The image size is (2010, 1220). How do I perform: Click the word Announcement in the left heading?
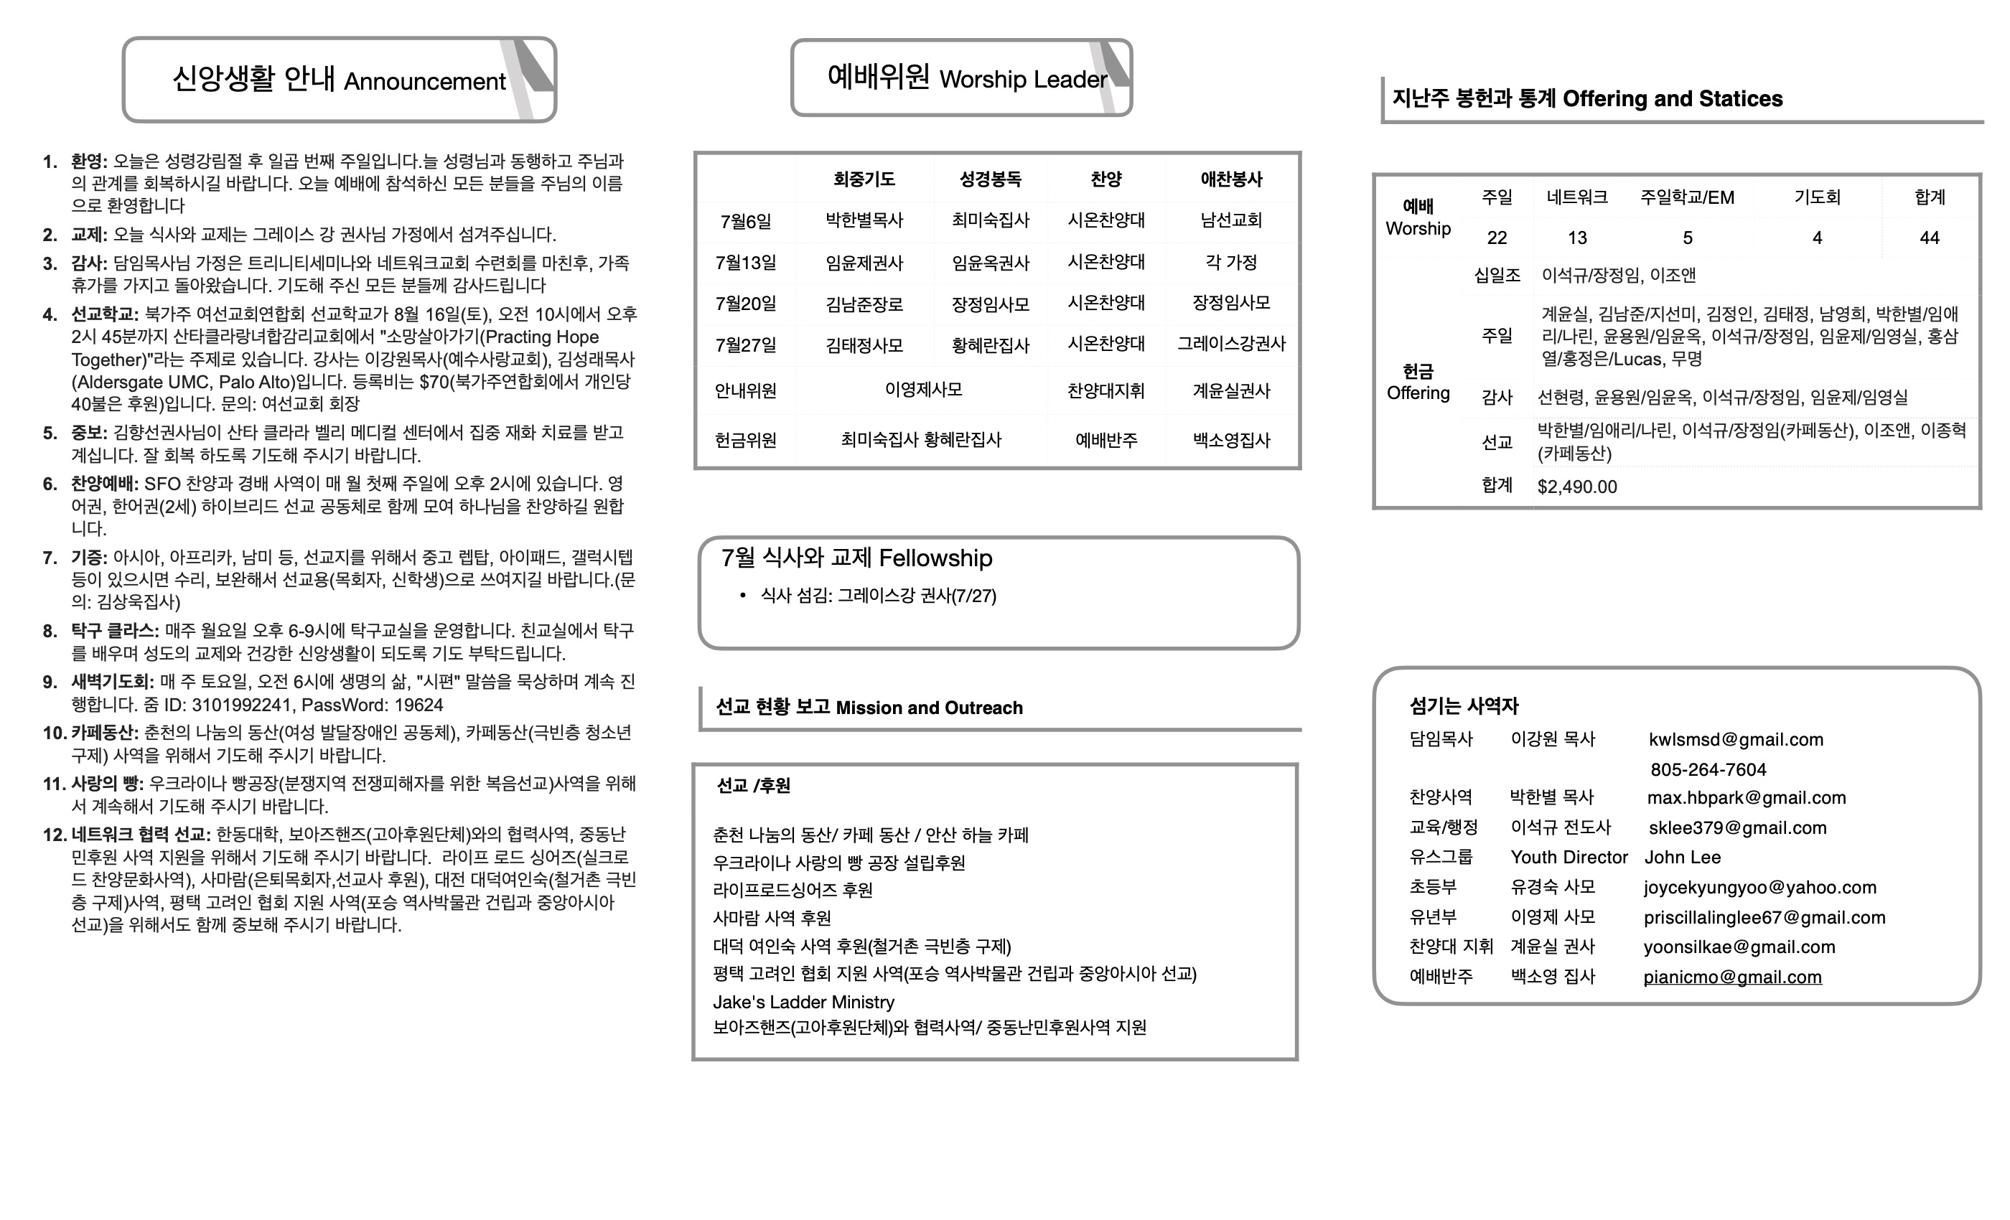[424, 82]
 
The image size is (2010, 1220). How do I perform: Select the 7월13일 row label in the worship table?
[746, 263]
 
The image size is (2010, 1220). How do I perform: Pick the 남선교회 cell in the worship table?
[1231, 220]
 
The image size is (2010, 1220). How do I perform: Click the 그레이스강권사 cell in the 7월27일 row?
[1231, 344]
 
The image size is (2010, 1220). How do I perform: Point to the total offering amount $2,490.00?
[1577, 487]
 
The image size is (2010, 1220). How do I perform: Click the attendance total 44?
[1930, 238]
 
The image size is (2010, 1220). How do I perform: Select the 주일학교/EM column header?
[1687, 197]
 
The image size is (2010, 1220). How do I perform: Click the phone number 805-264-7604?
[1708, 770]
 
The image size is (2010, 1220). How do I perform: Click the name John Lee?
[1682, 857]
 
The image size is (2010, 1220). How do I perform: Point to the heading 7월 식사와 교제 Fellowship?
[856, 558]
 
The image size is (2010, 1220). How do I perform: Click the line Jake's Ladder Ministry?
[803, 1003]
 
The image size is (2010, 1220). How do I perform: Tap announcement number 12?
[54, 835]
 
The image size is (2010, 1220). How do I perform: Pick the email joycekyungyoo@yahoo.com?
[1759, 887]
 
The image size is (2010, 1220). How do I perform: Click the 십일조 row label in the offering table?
[1497, 276]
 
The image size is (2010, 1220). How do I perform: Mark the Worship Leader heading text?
[1023, 79]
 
